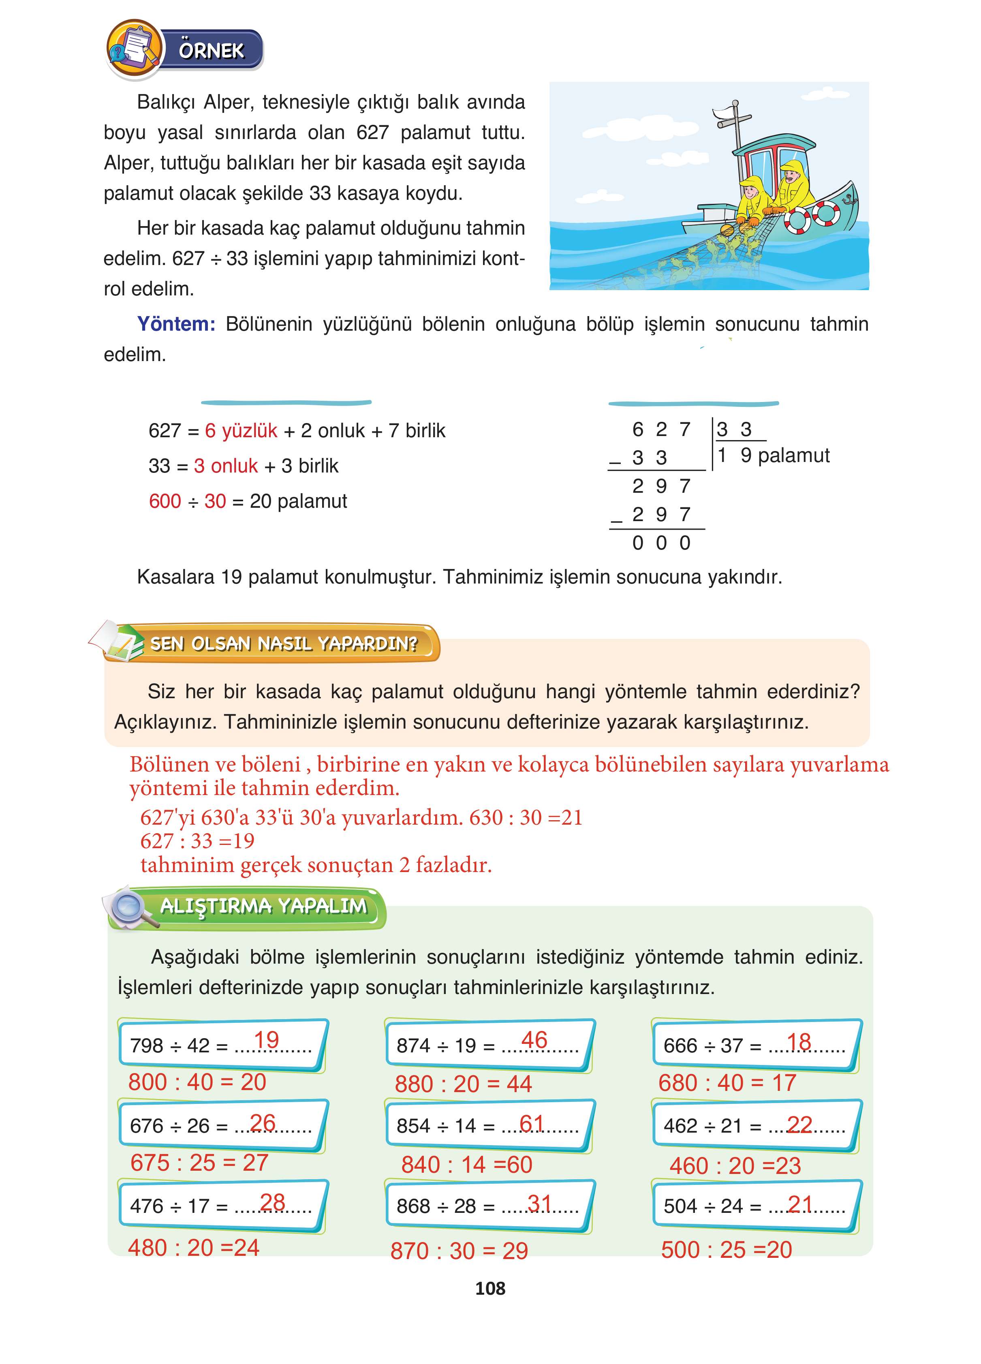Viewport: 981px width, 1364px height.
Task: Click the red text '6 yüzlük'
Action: click(x=241, y=431)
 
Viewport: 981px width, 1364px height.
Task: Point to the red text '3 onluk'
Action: click(x=226, y=466)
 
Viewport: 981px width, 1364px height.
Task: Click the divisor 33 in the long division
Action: click(x=734, y=430)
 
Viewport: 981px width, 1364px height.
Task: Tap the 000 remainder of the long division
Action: click(x=661, y=543)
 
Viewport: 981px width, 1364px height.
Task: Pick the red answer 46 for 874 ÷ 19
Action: click(x=534, y=1040)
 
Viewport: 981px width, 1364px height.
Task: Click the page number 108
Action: click(x=490, y=1288)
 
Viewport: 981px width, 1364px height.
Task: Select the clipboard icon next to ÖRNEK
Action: click(x=134, y=48)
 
